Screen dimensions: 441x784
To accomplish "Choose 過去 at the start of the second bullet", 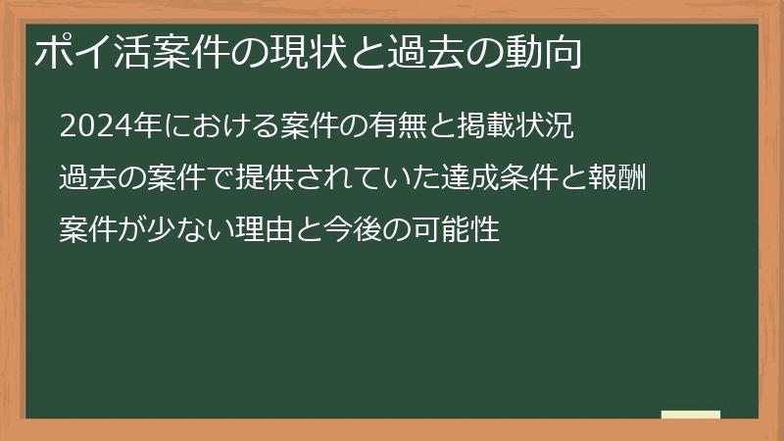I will point(86,178).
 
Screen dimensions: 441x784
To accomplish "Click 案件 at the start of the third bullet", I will point(86,230).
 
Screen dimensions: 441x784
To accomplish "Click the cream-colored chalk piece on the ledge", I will point(691,415).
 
